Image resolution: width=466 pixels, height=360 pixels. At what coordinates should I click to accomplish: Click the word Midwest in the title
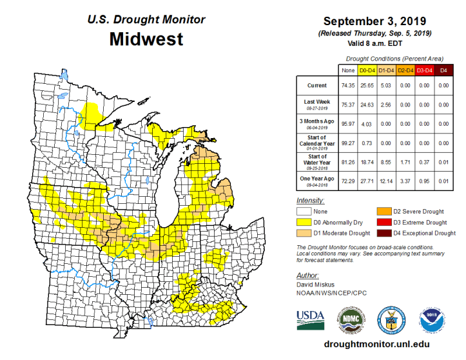(x=146, y=39)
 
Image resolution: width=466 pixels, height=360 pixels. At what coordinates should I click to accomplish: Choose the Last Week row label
(x=315, y=103)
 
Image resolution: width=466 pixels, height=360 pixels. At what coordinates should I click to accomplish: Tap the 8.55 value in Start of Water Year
(x=385, y=158)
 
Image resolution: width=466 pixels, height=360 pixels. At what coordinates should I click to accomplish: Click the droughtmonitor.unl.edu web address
(x=376, y=345)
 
